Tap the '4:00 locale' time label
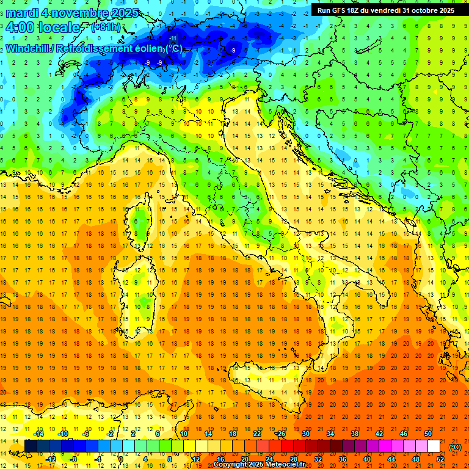[43, 27]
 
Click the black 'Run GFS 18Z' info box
[385, 10]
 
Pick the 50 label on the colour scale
[428, 433]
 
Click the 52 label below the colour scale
[440, 459]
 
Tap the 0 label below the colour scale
[121, 459]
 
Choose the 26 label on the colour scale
[281, 433]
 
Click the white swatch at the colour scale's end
[434, 446]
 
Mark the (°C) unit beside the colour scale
[455, 446]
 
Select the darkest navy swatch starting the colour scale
[31, 446]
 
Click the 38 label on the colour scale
[354, 433]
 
